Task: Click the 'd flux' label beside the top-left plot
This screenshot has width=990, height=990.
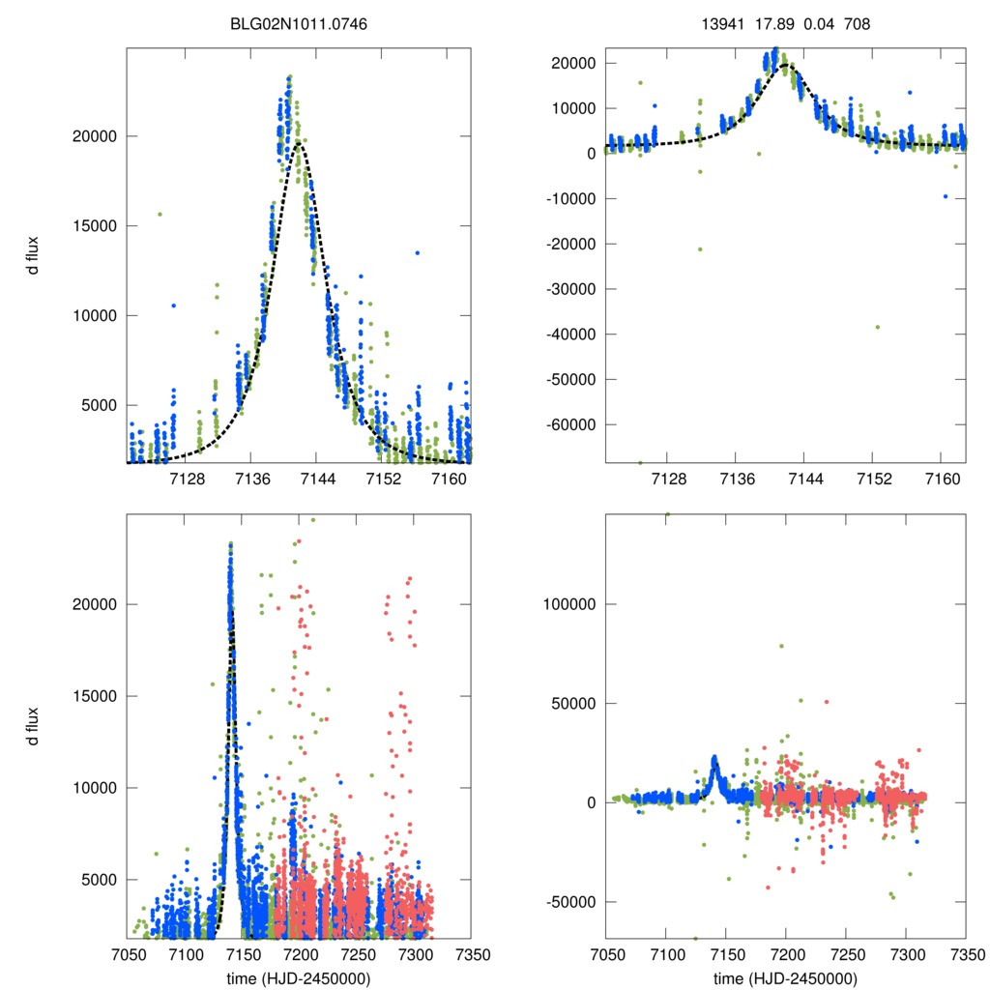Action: [x=34, y=255]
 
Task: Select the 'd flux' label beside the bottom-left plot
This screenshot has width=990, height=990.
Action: [x=34, y=727]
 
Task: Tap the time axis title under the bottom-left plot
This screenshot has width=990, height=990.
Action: [x=299, y=977]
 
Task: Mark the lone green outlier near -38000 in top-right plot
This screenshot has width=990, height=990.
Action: [x=877, y=327]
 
